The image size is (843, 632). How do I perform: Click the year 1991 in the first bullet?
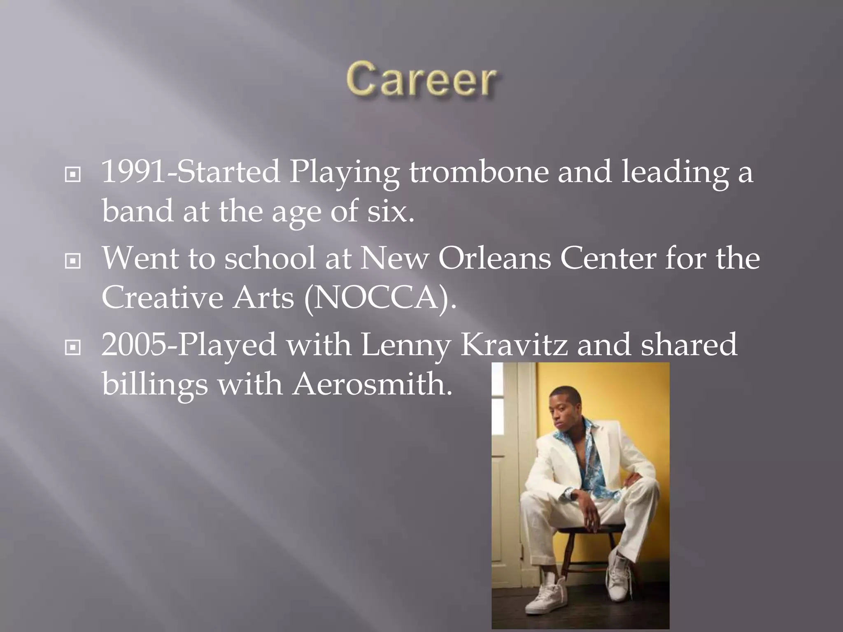click(x=133, y=172)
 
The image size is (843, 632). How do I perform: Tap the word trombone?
click(x=478, y=172)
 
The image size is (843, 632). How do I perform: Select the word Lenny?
click(x=405, y=345)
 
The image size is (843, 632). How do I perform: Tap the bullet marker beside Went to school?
click(x=73, y=261)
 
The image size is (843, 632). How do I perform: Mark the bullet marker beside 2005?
click(x=73, y=348)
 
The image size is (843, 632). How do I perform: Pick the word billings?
click(x=155, y=384)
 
